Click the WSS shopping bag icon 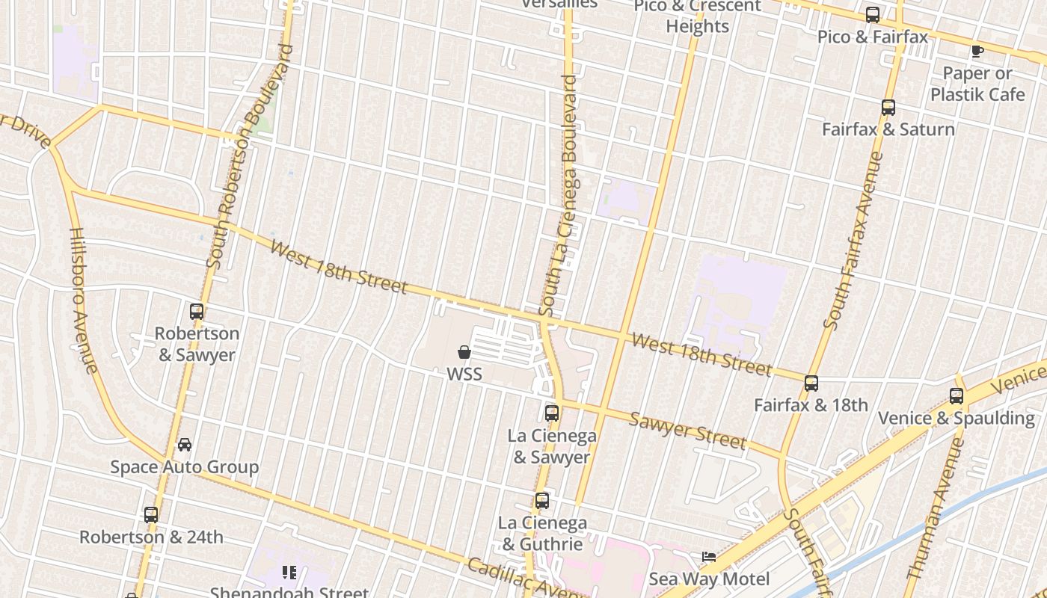[464, 352]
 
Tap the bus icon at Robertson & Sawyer [197, 312]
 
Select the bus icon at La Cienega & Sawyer [552, 413]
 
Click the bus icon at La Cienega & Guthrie [542, 501]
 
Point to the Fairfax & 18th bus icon [811, 383]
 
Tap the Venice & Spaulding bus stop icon [957, 396]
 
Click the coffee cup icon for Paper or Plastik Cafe [977, 51]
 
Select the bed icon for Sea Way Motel [708, 557]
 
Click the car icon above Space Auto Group [185, 445]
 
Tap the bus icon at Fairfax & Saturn [888, 108]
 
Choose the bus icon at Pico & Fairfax [873, 15]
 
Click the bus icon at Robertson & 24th [151, 515]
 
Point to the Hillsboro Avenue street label [83, 300]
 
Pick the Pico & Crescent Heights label [697, 16]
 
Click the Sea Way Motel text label [709, 579]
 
